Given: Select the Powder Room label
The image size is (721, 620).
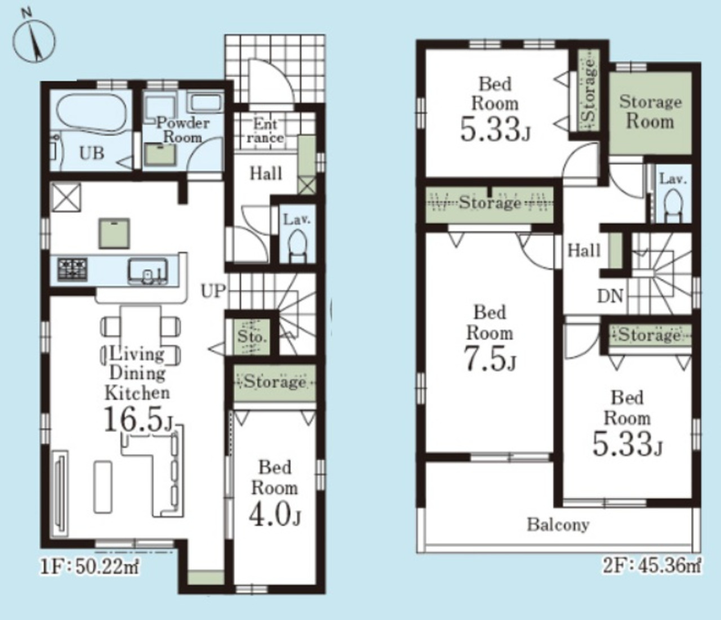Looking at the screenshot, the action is [x=183, y=130].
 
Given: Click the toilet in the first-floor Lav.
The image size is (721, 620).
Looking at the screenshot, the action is [x=297, y=246].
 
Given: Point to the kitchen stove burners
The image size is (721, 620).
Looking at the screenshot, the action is [x=73, y=269].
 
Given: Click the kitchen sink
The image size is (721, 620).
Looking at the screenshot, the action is [x=148, y=271].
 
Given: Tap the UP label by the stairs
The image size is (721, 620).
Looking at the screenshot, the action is [x=212, y=291].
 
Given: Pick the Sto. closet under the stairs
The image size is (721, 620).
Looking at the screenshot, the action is [x=251, y=337].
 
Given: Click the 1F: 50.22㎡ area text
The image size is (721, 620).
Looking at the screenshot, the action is [x=90, y=568].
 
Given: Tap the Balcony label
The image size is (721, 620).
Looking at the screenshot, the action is [x=558, y=524].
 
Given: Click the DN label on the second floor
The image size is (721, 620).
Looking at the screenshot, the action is [x=610, y=296].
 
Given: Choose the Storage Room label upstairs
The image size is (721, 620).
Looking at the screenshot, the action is [x=650, y=112].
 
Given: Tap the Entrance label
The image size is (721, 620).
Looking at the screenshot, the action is [x=265, y=131].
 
